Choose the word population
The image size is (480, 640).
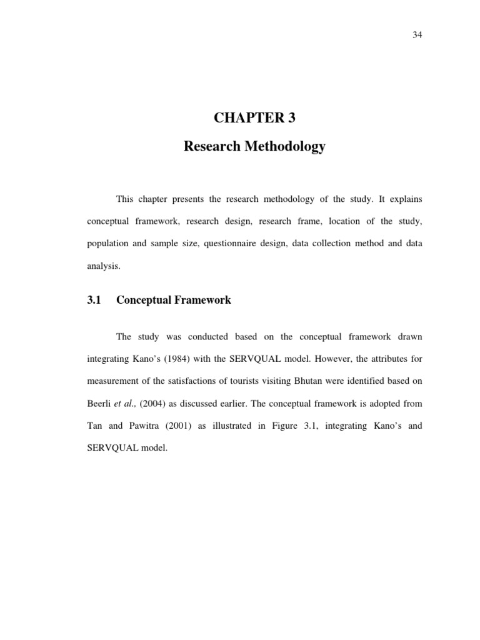106,243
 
